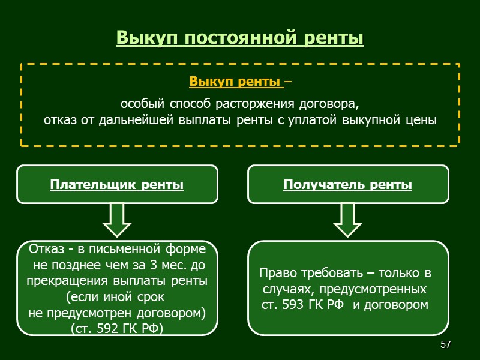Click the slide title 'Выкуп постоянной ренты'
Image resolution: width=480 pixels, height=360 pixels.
[x=240, y=38]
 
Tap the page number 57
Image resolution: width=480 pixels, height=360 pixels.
[x=445, y=345]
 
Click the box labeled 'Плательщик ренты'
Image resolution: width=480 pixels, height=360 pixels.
[x=117, y=185]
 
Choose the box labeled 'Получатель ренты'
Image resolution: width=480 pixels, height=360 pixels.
[x=348, y=185]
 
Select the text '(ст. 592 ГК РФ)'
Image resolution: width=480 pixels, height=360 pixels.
[x=117, y=329]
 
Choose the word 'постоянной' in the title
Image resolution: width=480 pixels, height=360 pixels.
[x=232, y=38]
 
